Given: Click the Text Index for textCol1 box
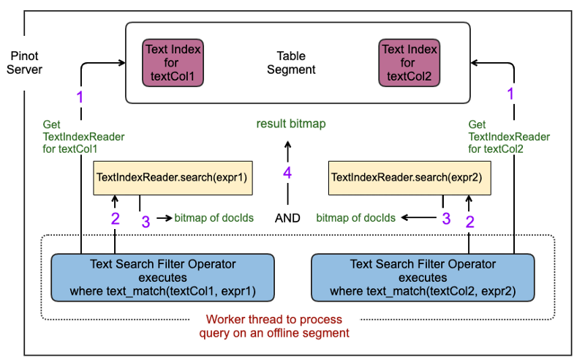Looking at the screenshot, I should (x=173, y=63).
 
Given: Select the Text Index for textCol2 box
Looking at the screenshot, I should (x=409, y=63).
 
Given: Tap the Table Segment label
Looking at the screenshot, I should (x=291, y=63).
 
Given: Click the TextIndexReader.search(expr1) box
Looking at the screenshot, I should (x=173, y=178).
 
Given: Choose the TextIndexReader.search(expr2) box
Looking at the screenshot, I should (x=407, y=178).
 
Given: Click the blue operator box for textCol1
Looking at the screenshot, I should (x=163, y=277).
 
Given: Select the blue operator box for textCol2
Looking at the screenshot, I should (x=423, y=277).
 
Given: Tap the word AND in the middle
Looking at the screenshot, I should (x=289, y=218).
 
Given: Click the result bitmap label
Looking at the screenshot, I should (x=290, y=124).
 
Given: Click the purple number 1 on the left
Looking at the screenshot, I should (x=80, y=96).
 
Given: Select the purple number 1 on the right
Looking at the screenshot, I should (x=511, y=94).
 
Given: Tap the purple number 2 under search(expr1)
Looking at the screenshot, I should (x=115, y=218).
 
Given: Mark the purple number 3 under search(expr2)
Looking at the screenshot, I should (x=446, y=218).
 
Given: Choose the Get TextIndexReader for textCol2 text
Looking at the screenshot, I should (x=508, y=137).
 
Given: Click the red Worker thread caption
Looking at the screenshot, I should (x=274, y=326).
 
